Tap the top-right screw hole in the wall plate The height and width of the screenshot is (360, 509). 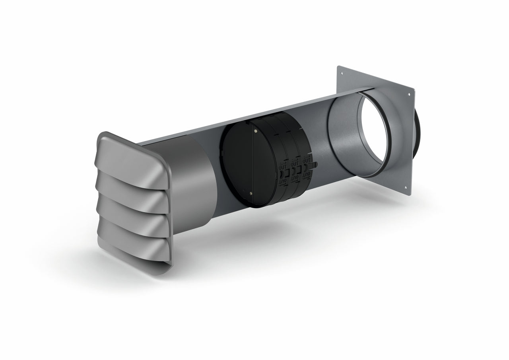[408, 95]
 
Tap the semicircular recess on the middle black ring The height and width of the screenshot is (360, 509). [293, 171]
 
